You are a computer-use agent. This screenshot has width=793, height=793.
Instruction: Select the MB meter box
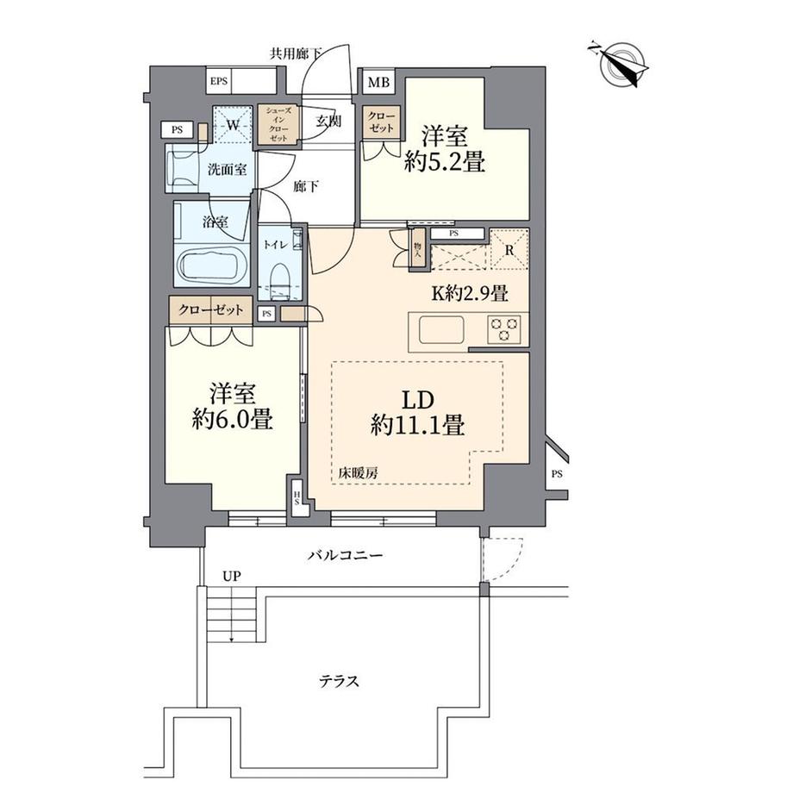(x=379, y=83)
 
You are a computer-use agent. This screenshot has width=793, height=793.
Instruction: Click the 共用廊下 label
(x=297, y=53)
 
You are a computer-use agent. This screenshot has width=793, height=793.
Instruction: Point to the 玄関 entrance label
(x=328, y=122)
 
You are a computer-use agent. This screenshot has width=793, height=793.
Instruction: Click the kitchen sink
(x=440, y=329)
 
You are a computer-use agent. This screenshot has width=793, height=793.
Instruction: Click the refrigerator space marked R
(x=509, y=252)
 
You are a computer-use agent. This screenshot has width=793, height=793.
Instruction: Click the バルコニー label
(x=345, y=556)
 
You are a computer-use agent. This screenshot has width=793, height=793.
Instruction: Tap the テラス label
(x=340, y=681)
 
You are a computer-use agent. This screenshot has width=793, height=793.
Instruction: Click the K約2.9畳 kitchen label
(x=469, y=292)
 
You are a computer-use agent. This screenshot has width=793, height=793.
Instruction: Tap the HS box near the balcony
(x=297, y=499)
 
